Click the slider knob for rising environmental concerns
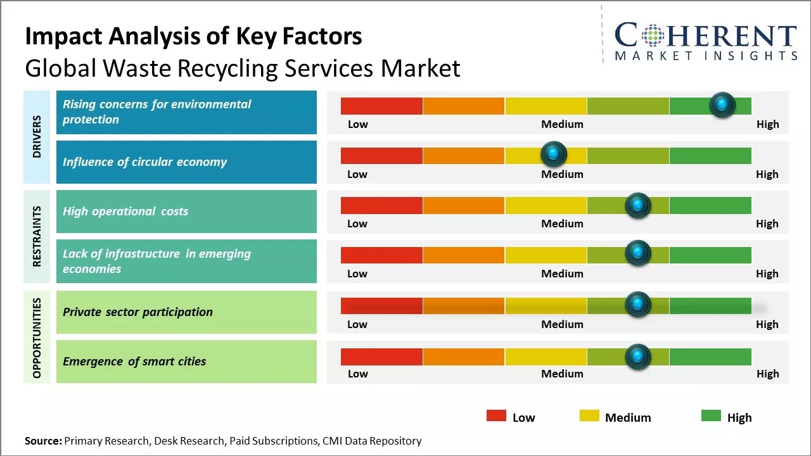coord(722,104)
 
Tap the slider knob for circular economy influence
coord(554,154)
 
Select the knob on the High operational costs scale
coord(638,205)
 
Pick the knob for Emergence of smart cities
coord(638,357)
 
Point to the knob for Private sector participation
coord(638,305)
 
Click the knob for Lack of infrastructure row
coord(638,253)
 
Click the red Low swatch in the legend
coord(496,416)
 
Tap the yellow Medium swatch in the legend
coord(589,416)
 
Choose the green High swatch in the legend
coord(711,416)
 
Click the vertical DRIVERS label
coord(37,136)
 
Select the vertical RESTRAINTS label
coord(37,236)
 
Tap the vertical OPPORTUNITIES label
coord(37,338)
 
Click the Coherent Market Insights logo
coord(706,41)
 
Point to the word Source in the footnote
coord(43,441)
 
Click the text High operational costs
coord(125,212)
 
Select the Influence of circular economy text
coord(144,162)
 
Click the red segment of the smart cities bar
coord(381,357)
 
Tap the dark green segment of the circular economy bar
coord(710,155)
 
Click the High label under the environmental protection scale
coord(767,124)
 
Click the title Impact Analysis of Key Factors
coord(193,36)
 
